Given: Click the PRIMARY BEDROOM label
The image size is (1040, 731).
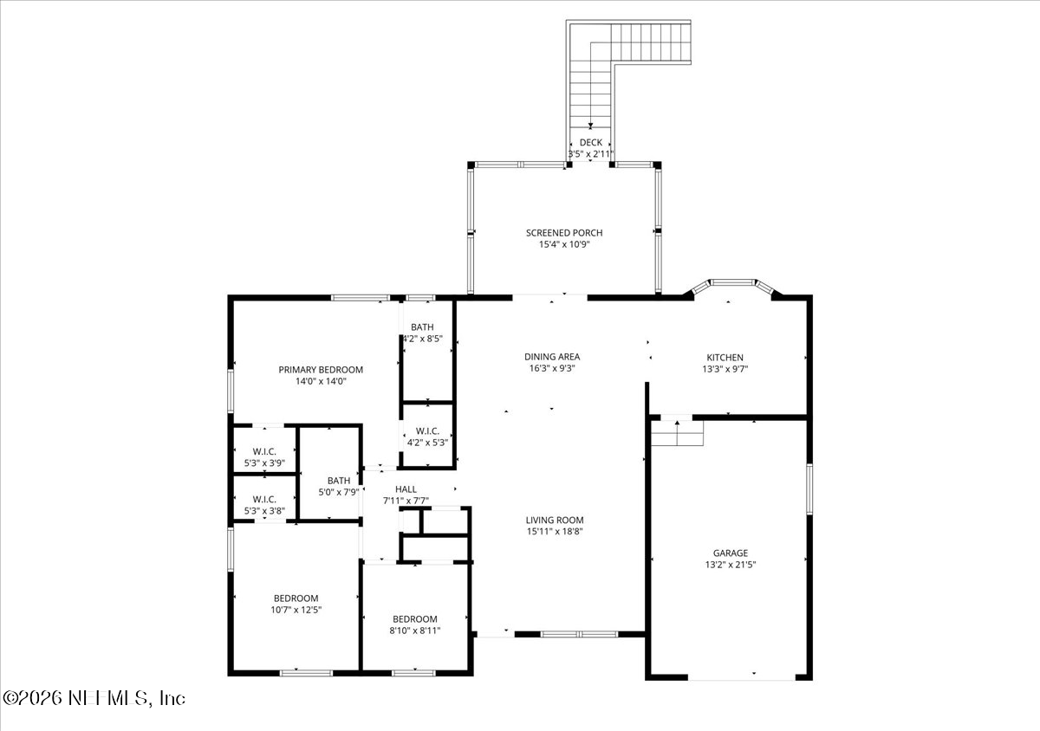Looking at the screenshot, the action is [321, 370].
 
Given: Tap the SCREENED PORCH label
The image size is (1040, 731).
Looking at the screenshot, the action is [564, 233].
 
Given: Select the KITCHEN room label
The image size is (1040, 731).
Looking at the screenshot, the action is [725, 358].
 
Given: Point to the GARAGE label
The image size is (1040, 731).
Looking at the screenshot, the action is [731, 553].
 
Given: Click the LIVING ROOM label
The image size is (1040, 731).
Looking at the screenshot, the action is [555, 521].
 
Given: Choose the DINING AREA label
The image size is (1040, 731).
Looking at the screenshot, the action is [552, 357].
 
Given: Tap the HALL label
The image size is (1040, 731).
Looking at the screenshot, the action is [406, 489].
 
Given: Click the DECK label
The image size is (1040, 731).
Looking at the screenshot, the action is [590, 143].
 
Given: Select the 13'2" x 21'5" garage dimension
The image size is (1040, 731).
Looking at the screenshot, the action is [731, 565].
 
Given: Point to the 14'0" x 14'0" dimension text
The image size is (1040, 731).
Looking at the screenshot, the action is [321, 381].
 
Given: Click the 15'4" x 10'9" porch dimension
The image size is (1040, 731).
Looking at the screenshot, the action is [564, 244].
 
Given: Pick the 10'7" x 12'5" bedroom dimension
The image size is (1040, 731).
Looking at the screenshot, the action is [296, 610].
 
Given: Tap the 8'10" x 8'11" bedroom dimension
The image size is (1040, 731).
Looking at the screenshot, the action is [414, 631].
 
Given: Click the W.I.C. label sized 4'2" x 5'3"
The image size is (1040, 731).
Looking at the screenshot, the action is [427, 431].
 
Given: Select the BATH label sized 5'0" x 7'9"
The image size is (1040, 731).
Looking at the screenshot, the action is [339, 481].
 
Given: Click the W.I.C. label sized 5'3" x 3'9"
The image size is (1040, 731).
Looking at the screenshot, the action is [264, 451].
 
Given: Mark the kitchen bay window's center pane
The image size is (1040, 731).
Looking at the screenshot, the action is [732, 282].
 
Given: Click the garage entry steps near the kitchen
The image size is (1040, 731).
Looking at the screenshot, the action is [677, 432].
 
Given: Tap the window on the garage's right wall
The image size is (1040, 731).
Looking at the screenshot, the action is [809, 489].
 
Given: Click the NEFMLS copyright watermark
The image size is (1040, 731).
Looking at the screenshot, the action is [94, 698].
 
